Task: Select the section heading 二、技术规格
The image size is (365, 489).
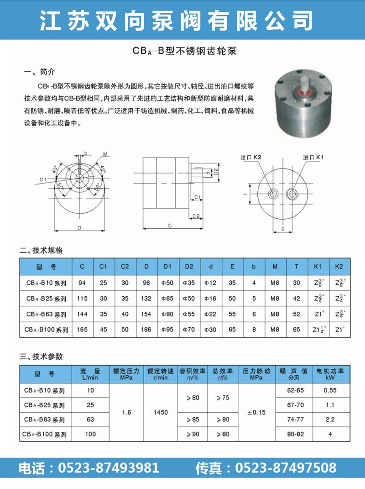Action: pos(44,250)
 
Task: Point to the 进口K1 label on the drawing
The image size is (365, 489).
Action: pos(313,158)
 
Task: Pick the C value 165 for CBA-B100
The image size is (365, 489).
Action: pos(82,330)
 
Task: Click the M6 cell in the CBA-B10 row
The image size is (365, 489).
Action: pos(274,283)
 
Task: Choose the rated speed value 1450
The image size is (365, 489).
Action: pos(161,412)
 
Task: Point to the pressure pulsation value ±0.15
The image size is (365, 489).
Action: pos(256,412)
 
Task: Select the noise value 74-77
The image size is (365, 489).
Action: pos(295,419)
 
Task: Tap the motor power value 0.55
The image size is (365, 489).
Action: pos(329,391)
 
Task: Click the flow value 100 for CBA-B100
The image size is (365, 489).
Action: pos(91,434)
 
